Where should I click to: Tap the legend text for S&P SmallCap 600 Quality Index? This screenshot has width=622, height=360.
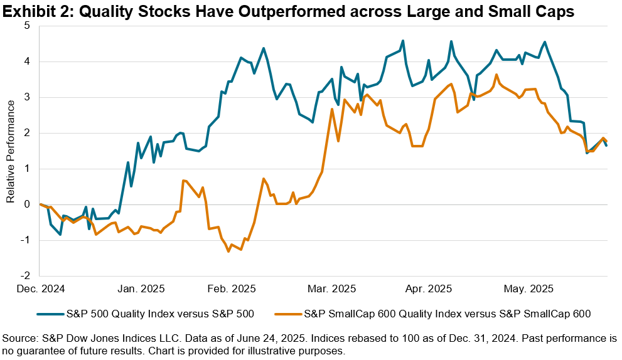447,312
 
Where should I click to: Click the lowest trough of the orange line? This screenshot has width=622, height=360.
228,251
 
